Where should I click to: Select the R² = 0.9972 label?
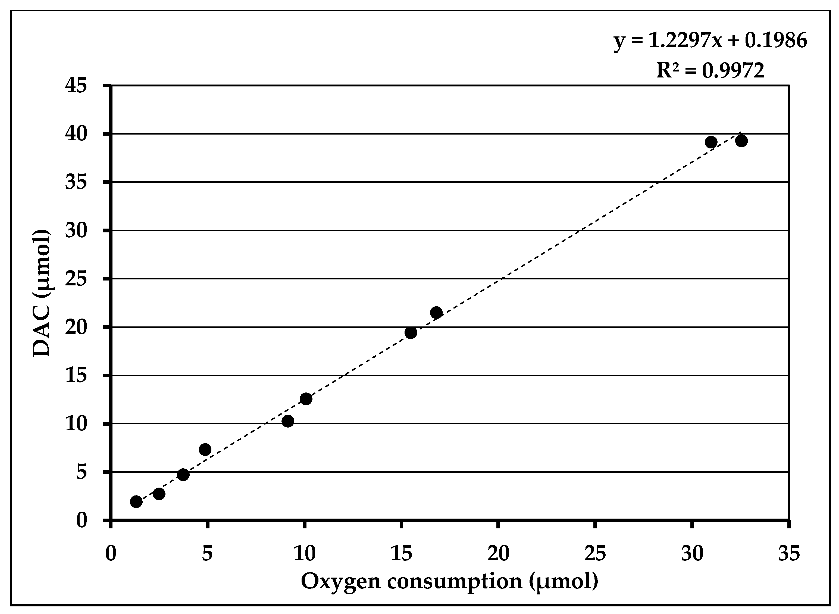(x=710, y=71)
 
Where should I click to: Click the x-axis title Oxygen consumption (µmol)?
(x=449, y=582)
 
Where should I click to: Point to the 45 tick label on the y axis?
(x=76, y=86)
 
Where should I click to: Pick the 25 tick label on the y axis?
(x=76, y=279)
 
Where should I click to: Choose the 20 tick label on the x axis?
(x=498, y=554)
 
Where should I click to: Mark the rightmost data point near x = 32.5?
(x=741, y=141)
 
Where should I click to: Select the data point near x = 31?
(x=711, y=142)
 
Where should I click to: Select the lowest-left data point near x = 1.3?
(x=136, y=501)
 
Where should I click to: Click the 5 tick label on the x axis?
(x=207, y=554)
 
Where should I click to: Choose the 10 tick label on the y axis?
(x=76, y=424)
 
